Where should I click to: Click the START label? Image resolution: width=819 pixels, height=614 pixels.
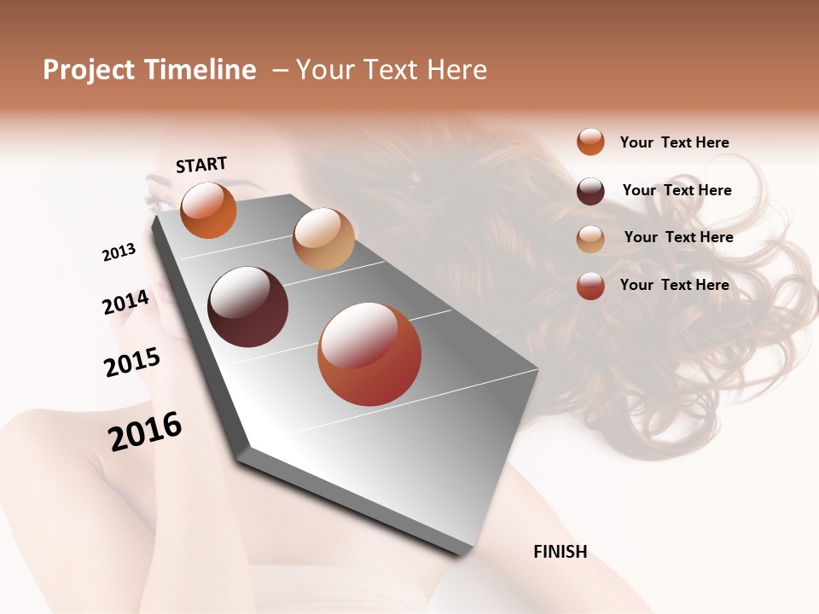tap(201, 165)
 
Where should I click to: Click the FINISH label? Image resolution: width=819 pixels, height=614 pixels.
tap(560, 552)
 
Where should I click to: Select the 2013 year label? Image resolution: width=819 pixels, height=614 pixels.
tap(119, 252)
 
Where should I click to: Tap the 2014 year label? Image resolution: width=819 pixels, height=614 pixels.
tap(126, 302)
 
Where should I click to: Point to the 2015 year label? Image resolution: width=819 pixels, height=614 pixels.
tap(132, 362)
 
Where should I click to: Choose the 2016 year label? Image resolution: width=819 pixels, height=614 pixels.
tap(145, 431)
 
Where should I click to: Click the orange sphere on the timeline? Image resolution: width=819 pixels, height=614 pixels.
tap(208, 211)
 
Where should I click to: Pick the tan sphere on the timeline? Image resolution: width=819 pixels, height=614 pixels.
tap(323, 239)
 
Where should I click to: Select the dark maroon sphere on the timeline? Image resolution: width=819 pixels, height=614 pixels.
tap(248, 307)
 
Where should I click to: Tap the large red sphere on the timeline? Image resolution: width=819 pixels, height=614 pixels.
tap(369, 354)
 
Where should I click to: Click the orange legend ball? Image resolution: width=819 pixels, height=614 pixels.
tap(590, 142)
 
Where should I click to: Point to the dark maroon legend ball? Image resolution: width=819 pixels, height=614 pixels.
tap(590, 191)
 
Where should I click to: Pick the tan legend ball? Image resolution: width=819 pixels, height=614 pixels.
tap(590, 239)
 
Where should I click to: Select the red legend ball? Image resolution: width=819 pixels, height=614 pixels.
tap(590, 286)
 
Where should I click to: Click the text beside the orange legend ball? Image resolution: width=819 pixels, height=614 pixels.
tap(674, 142)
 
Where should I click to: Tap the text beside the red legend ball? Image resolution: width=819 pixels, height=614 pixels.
tap(674, 285)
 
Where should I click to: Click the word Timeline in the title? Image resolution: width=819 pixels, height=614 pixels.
tap(199, 70)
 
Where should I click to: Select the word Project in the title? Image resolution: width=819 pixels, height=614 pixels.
tap(89, 70)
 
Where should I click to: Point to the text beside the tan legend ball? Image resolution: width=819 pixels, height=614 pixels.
tap(678, 237)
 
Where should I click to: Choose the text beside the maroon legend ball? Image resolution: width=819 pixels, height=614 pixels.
tap(677, 190)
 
